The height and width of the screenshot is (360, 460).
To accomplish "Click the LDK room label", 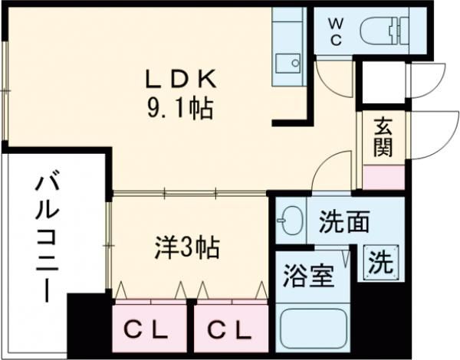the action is pyautogui.click(x=181, y=79).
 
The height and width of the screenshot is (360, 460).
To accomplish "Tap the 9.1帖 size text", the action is pyautogui.click(x=179, y=109).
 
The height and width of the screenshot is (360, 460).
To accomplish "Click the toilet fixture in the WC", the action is pyautogui.click(x=384, y=31).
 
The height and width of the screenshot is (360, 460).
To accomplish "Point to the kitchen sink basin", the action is pyautogui.click(x=288, y=63).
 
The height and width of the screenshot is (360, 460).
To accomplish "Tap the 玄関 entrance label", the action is pyautogui.click(x=383, y=137).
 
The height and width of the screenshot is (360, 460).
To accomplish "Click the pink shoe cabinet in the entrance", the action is pyautogui.click(x=384, y=178).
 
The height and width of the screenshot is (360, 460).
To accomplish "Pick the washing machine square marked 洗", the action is pyautogui.click(x=381, y=263).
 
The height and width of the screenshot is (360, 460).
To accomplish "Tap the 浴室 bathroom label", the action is pyautogui.click(x=309, y=276).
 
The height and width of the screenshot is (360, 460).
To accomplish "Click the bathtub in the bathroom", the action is pyautogui.click(x=314, y=329).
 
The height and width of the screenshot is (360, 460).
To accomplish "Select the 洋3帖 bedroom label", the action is pyautogui.click(x=187, y=247).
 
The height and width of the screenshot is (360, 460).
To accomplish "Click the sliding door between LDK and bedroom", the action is pyautogui.click(x=190, y=193).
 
